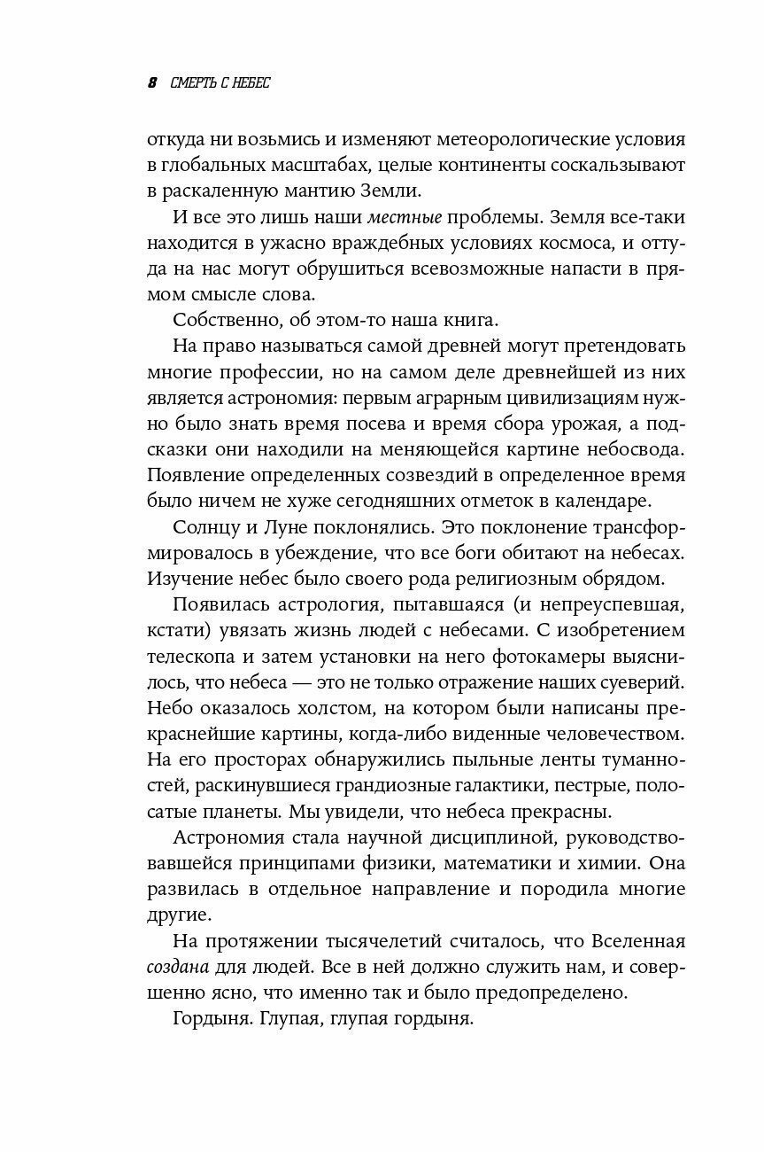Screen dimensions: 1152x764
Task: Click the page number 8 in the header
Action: point(151,83)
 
